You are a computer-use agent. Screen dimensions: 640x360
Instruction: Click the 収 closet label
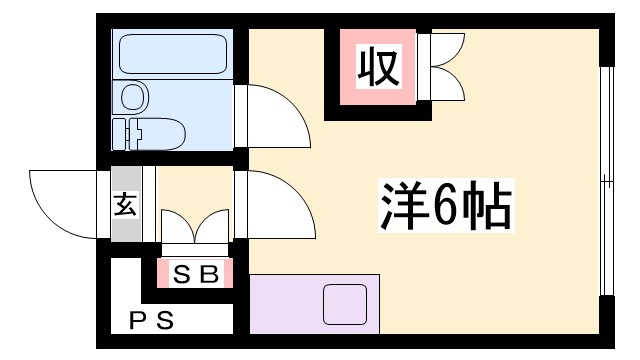(x=378, y=68)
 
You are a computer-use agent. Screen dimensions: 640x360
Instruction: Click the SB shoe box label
(x=195, y=272)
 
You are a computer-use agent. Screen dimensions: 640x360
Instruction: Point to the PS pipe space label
(x=152, y=321)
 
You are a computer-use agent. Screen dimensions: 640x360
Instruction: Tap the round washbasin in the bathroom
(x=133, y=96)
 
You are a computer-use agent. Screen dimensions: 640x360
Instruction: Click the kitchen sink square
(x=346, y=303)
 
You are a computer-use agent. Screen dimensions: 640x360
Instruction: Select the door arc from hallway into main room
(x=272, y=200)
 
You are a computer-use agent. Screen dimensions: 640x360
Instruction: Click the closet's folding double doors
(x=444, y=68)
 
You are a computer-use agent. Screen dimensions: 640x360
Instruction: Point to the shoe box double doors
(x=195, y=228)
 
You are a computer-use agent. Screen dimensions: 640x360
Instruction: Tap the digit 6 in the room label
(x=445, y=207)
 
